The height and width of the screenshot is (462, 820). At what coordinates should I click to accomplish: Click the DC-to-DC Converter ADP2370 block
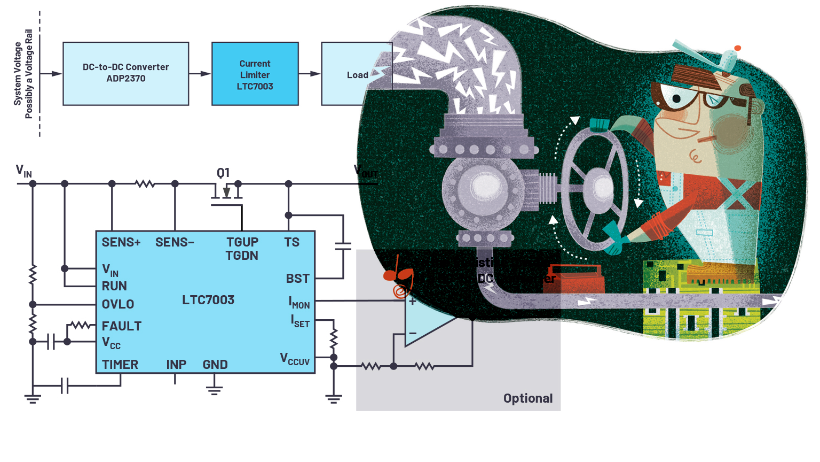click(x=125, y=73)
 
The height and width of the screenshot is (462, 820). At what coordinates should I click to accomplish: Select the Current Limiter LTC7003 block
click(x=255, y=74)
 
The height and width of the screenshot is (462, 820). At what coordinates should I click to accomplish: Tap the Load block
click(x=356, y=74)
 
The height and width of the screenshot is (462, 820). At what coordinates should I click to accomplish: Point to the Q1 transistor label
click(x=223, y=173)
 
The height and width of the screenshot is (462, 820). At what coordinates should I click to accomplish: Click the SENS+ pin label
click(x=121, y=242)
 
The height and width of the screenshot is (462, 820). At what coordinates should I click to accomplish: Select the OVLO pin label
click(x=118, y=304)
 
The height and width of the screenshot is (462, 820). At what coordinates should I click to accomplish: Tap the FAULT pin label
click(x=122, y=326)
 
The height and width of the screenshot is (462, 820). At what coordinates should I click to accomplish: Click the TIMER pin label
click(x=120, y=365)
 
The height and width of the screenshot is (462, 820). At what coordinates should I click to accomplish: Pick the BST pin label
click(x=297, y=279)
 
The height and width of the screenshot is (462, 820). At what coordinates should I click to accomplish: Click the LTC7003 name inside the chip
click(x=208, y=300)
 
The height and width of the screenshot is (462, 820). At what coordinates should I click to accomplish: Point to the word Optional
click(x=528, y=398)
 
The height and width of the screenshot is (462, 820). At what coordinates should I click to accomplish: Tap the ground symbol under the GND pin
click(x=214, y=390)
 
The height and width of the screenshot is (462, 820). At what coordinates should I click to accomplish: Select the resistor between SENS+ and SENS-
click(x=145, y=184)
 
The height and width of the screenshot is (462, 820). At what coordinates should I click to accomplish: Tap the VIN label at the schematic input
click(x=24, y=171)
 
